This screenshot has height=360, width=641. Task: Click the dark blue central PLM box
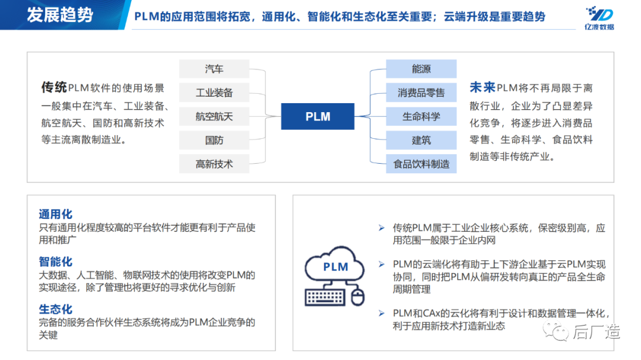(x=318, y=117)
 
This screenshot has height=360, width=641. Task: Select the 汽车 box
(x=214, y=69)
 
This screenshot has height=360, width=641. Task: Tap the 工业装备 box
(x=214, y=93)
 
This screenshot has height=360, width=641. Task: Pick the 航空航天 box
(x=214, y=116)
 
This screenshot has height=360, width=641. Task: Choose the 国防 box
(x=214, y=140)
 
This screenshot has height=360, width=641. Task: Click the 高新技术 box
(x=214, y=164)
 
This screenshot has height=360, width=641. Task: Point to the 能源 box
(x=421, y=69)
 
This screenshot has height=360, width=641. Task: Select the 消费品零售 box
(x=421, y=93)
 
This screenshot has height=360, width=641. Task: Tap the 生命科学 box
(x=421, y=116)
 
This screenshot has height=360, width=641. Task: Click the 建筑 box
(x=421, y=140)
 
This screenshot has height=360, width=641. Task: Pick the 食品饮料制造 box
(x=421, y=164)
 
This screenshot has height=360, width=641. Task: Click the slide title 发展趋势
(x=60, y=15)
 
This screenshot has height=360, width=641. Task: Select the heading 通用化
(x=55, y=215)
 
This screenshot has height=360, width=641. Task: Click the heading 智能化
(x=55, y=262)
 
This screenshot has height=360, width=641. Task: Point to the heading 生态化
(x=55, y=309)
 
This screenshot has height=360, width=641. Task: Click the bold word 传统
(x=53, y=88)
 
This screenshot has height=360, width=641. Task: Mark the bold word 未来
(x=482, y=88)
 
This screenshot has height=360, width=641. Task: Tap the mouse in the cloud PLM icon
(x=357, y=297)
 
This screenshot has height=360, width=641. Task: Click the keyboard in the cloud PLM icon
(x=326, y=295)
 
